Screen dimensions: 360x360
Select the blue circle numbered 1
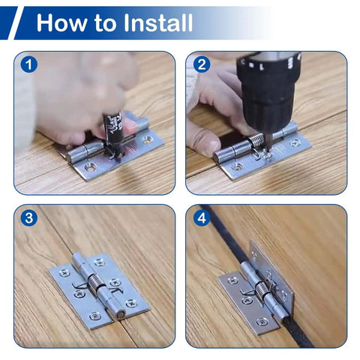pos(29,64)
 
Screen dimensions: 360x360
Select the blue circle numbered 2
pos(202,64)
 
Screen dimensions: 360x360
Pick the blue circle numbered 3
pos(29,218)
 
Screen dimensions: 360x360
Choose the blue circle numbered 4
pos(202,218)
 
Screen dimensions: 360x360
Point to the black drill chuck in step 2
pos(268,92)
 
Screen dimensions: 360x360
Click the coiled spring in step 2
pos(256,142)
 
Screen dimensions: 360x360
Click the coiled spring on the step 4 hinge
pos(262,290)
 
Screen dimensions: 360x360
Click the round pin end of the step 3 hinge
pos(121,314)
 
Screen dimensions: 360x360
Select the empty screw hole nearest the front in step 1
pos(90,166)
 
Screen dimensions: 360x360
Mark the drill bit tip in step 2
pos(268,151)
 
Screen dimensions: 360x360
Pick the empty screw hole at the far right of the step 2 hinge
pos(295,143)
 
